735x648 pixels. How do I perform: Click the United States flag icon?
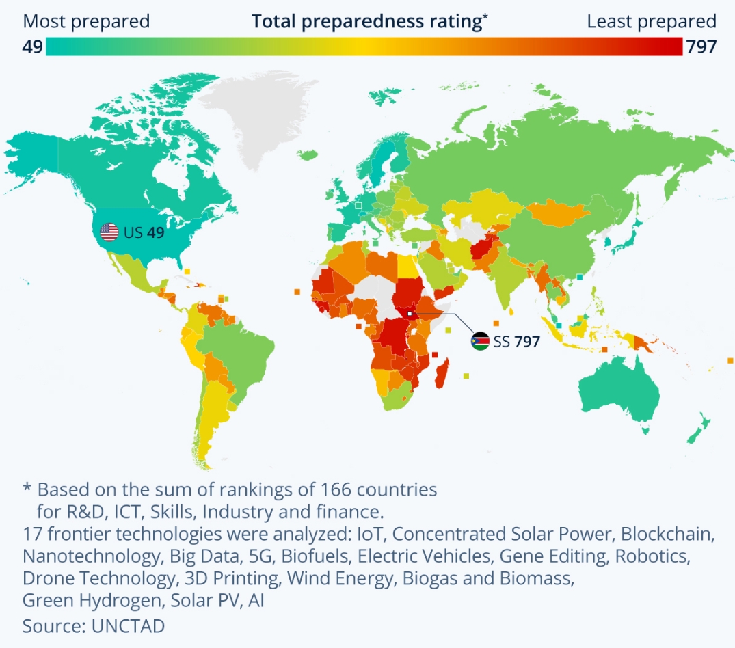pyautogui.click(x=109, y=232)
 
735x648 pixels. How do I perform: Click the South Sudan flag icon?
pyautogui.click(x=480, y=341)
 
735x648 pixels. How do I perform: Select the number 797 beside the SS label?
pyautogui.click(x=527, y=341)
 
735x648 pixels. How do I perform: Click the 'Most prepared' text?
pyautogui.click(x=86, y=21)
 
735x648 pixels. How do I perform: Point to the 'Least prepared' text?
pyautogui.click(x=651, y=21)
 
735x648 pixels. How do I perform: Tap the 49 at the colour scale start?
pyautogui.click(x=32, y=46)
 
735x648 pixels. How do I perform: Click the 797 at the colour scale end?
pyautogui.click(x=701, y=46)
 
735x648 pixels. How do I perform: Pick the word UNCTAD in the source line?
pyautogui.click(x=129, y=625)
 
